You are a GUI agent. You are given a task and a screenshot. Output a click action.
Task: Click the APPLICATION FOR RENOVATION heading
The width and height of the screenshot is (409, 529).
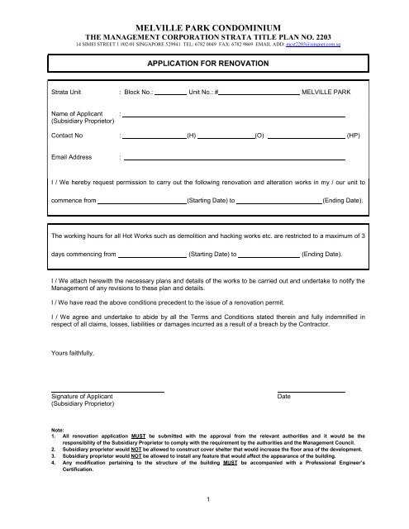pyautogui.click(x=204, y=61)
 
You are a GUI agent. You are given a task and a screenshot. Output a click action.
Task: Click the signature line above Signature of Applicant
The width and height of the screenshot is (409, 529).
pyautogui.click(x=107, y=391)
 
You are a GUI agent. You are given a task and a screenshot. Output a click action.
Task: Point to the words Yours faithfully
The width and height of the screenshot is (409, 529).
pyautogui.click(x=73, y=354)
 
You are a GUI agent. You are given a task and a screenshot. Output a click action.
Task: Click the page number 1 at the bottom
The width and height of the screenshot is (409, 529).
pyautogui.click(x=204, y=498)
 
